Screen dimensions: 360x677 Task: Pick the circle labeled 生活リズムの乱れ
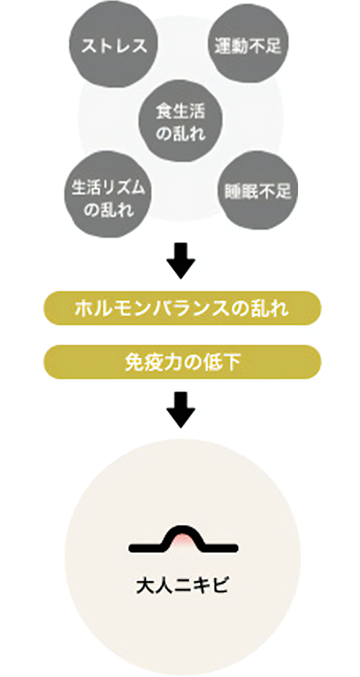pos(109,194)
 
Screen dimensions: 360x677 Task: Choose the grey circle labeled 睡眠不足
pos(258,190)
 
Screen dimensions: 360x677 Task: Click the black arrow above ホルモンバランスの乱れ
pos(181,259)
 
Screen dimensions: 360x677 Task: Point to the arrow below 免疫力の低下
pos(181,408)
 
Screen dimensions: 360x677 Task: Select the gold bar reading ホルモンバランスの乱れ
pos(182,308)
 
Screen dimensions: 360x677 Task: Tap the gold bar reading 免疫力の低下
pos(182,362)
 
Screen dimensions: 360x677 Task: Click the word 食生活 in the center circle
pos(181,112)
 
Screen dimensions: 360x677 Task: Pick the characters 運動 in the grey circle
pos(231,46)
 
